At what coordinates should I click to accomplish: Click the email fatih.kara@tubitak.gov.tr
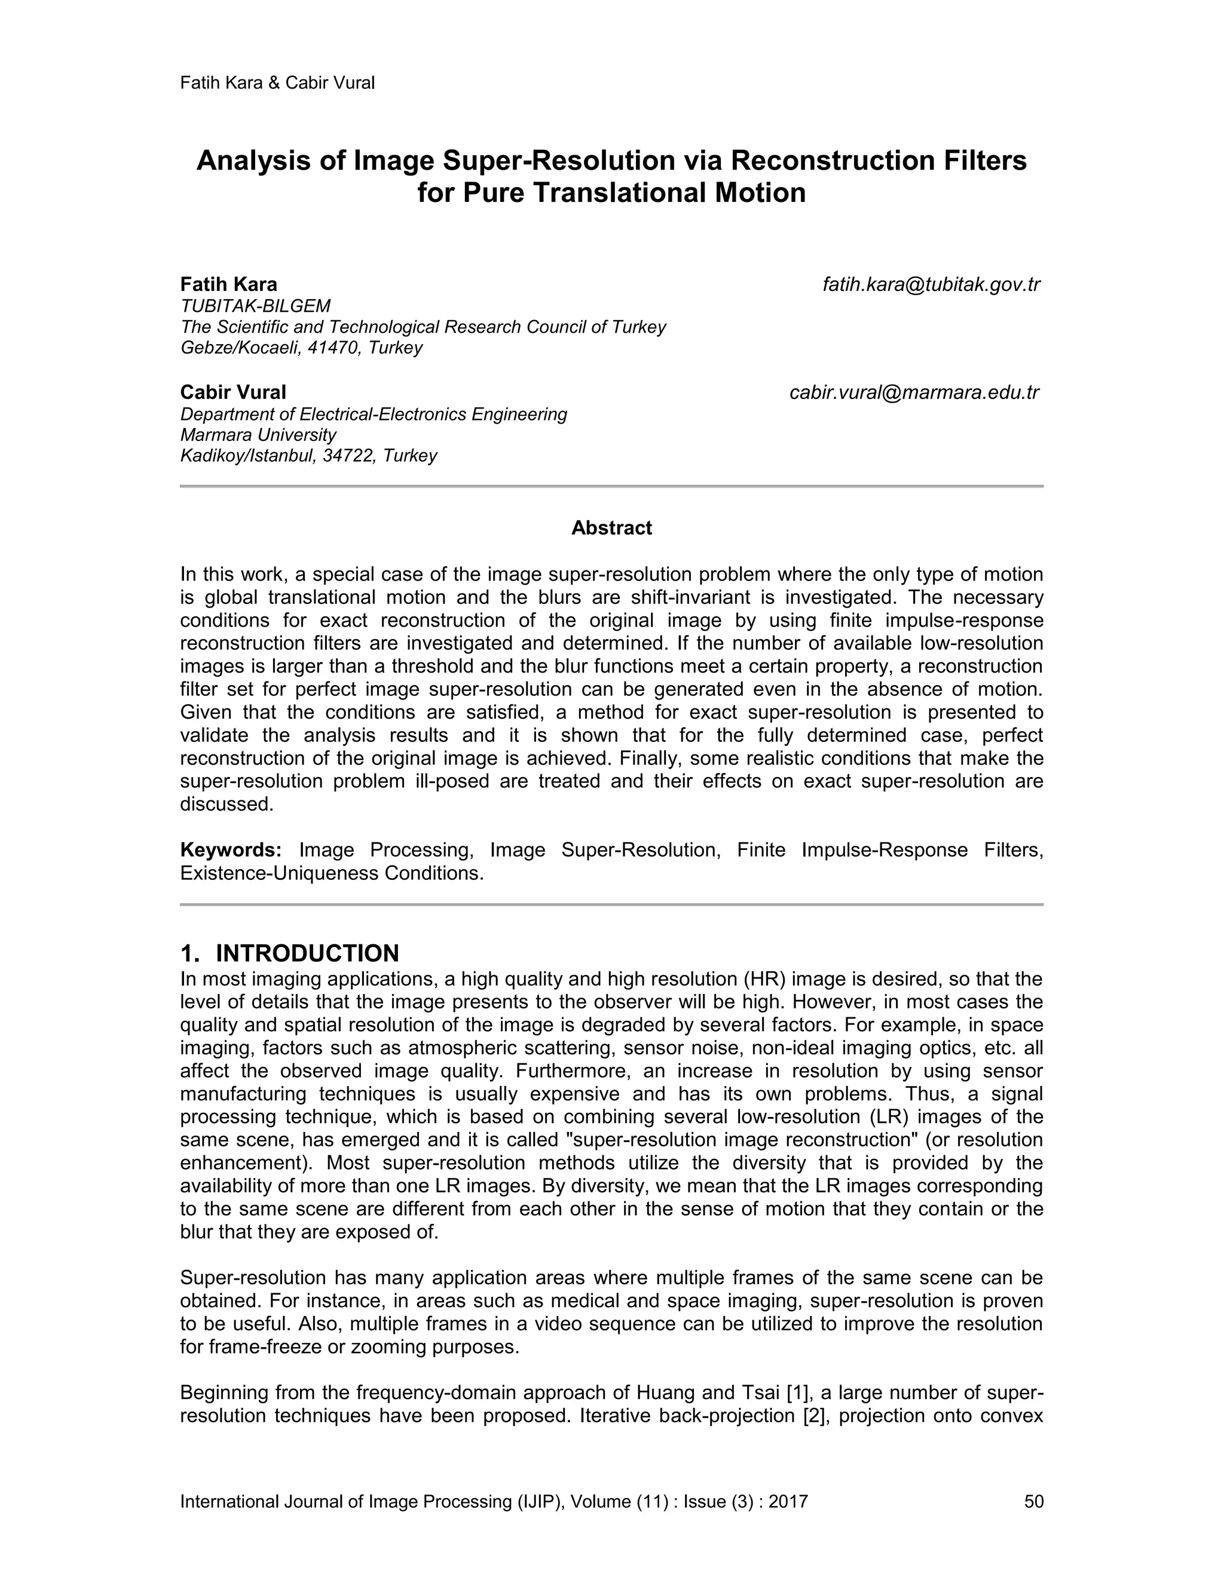(931, 285)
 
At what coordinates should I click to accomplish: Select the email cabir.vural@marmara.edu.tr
(914, 393)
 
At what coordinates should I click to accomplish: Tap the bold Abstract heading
(611, 527)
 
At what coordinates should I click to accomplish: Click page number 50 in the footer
(1033, 1501)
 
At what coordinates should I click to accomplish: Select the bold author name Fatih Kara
(228, 284)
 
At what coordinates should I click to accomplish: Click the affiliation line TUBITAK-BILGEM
(255, 306)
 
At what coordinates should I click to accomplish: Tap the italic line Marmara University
(258, 435)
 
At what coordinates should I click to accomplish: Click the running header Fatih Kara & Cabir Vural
(277, 82)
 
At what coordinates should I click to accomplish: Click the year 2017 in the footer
(788, 1501)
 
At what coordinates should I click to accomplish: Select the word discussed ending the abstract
(227, 804)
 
